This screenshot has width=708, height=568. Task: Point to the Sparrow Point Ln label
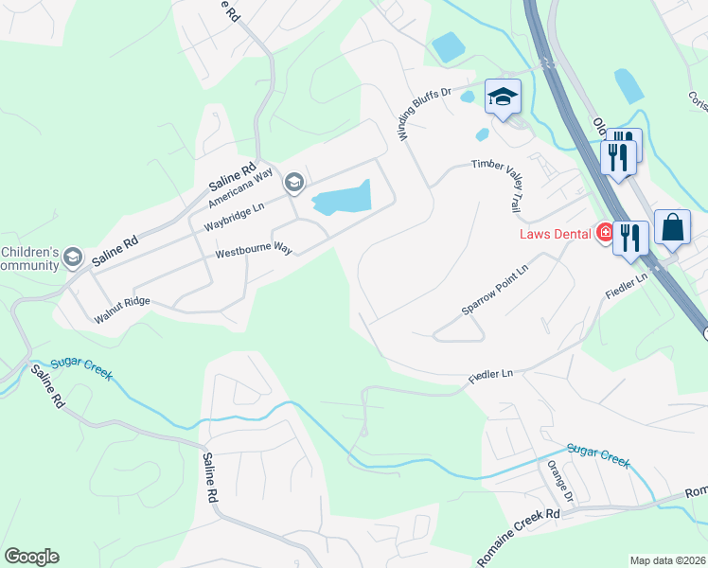492,296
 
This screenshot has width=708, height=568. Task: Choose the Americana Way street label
239,186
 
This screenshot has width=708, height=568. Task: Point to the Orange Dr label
558,483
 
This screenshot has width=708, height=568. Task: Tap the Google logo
31,557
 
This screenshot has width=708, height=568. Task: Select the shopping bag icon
672,229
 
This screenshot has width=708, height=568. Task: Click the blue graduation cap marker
504,97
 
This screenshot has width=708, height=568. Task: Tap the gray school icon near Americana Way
293,182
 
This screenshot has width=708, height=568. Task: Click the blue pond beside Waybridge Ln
341,198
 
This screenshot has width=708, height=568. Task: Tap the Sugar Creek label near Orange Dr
598,454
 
